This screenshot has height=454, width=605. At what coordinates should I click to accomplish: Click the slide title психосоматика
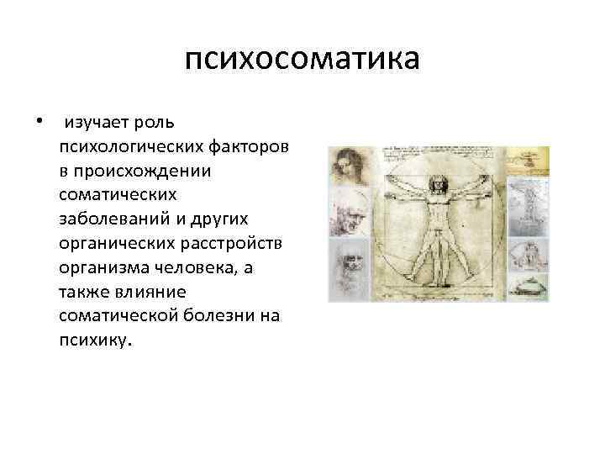[302, 61]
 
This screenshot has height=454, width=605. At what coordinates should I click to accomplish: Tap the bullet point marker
[39, 123]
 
